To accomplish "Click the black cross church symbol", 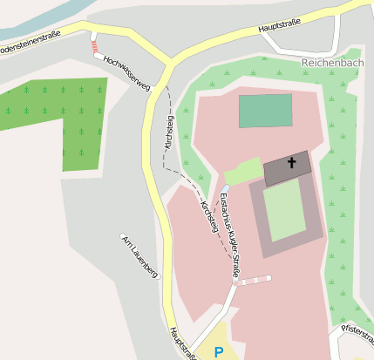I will click(291, 163).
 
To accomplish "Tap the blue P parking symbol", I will click(219, 351).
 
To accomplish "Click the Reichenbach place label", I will click(337, 64).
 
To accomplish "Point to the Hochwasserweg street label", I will click(126, 73).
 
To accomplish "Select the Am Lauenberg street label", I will click(139, 255).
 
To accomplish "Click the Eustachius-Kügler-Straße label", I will click(229, 235).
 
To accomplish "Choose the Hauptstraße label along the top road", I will click(283, 26).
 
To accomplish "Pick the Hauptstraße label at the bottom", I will click(180, 343).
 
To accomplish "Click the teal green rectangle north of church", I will click(265, 111).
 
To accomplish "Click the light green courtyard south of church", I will click(284, 213).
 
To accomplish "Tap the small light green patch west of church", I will click(242, 171).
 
